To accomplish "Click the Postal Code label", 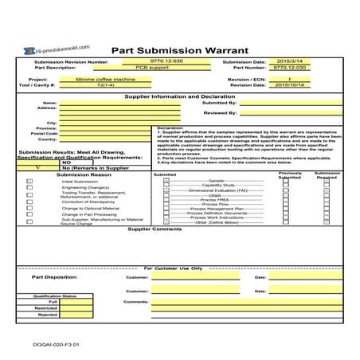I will coord(47,133).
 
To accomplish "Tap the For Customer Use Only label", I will coord(178,268).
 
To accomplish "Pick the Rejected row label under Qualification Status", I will coord(48,315).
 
